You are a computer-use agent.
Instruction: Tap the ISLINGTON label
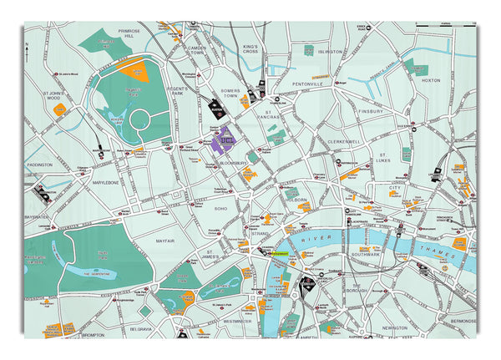(x=331, y=52)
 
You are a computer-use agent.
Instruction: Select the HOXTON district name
(x=432, y=81)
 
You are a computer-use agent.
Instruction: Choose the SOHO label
(x=221, y=208)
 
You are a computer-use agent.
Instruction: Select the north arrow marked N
(x=27, y=52)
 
